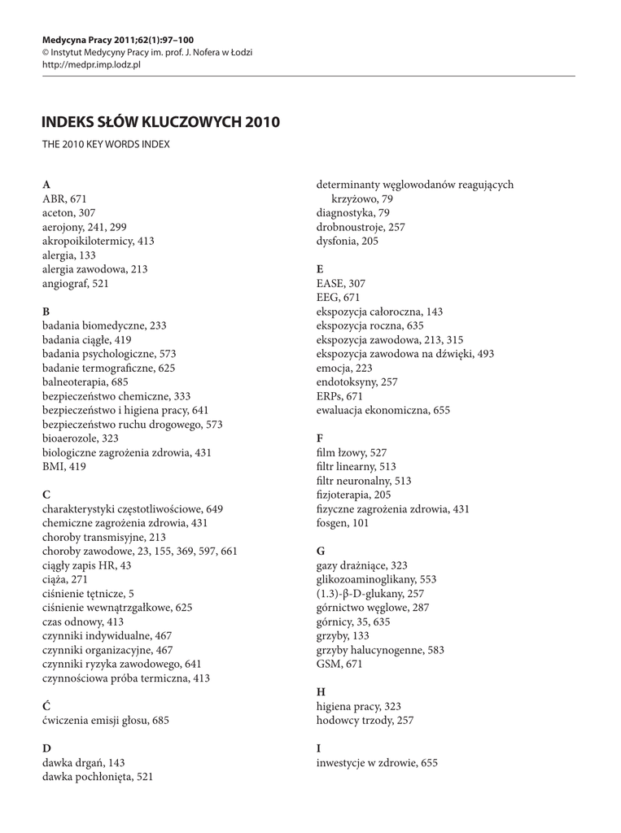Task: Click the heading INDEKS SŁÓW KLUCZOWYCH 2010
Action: tap(160, 122)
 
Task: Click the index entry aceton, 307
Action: tap(68, 212)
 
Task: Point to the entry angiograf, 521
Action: tap(75, 283)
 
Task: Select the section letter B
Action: tap(46, 311)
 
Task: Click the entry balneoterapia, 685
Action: tap(85, 382)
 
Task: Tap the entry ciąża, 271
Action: tap(64, 579)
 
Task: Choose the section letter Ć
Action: tap(46, 706)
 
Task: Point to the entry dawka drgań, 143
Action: tap(83, 763)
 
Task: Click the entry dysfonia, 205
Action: tap(348, 241)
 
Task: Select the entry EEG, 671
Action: tap(338, 298)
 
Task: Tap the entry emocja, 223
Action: tap(345, 369)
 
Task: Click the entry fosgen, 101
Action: tap(343, 523)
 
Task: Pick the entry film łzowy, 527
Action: tap(351, 452)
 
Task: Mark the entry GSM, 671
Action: tap(339, 664)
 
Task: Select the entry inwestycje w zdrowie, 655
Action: tap(377, 762)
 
